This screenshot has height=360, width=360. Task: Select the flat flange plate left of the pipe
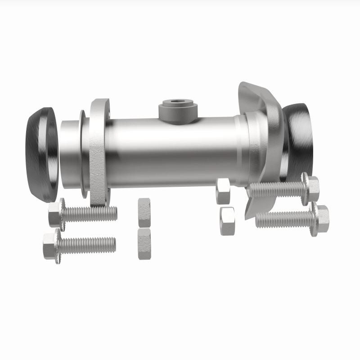[x=98, y=153]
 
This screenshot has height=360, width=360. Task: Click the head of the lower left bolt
[x=51, y=245]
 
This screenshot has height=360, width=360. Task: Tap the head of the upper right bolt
[x=312, y=188]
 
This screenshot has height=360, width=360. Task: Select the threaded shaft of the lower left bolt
[x=88, y=244]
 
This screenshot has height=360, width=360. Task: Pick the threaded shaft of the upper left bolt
[x=90, y=213]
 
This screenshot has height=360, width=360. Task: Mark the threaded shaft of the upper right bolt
[x=277, y=189]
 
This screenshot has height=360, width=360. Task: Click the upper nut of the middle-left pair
[x=144, y=212]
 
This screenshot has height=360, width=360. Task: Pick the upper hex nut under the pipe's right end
[x=223, y=190]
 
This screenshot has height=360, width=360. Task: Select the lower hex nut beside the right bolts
[x=227, y=220]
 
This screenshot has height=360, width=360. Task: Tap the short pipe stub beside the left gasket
[x=70, y=153]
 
